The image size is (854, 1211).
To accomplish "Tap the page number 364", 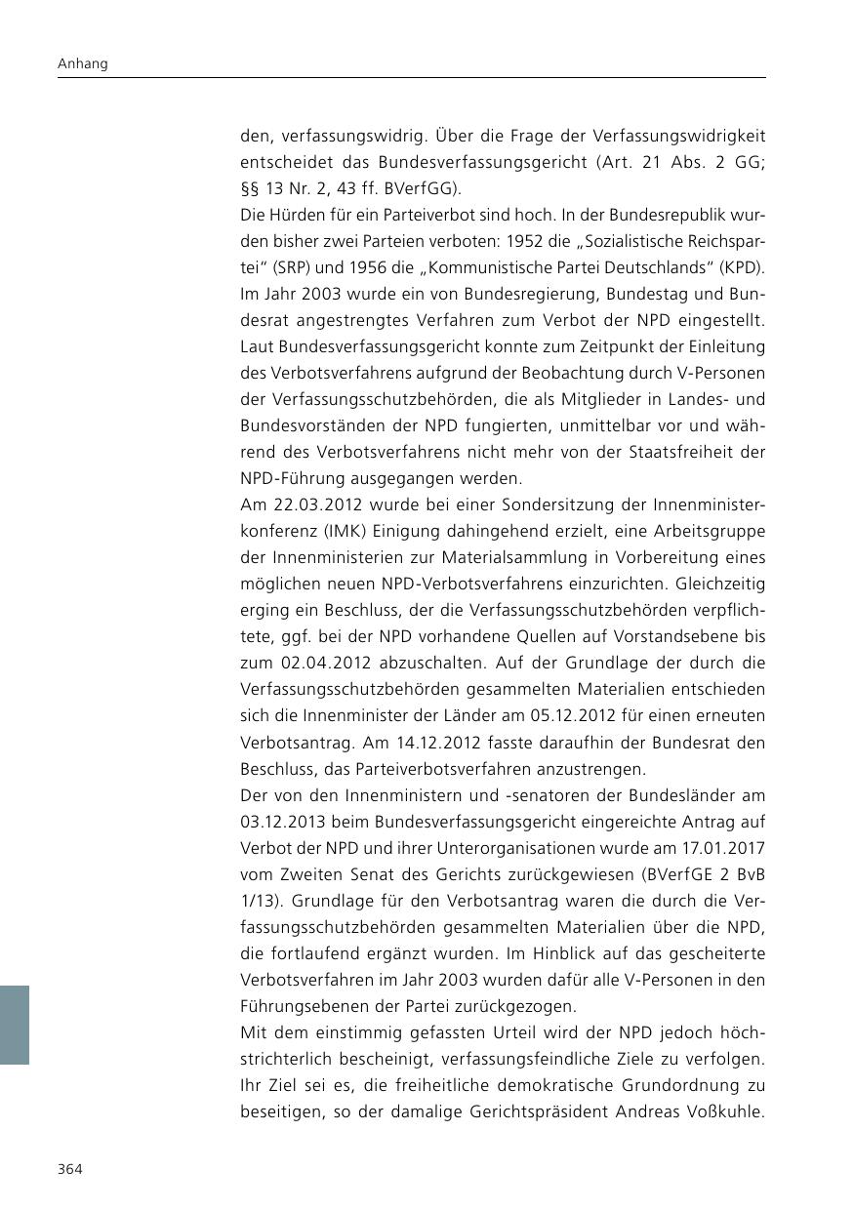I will (x=69, y=1169).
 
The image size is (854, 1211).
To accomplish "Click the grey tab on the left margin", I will (x=15, y=1024).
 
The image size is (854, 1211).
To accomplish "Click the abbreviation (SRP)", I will (x=283, y=267).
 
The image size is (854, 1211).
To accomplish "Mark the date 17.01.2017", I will (x=722, y=848).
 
